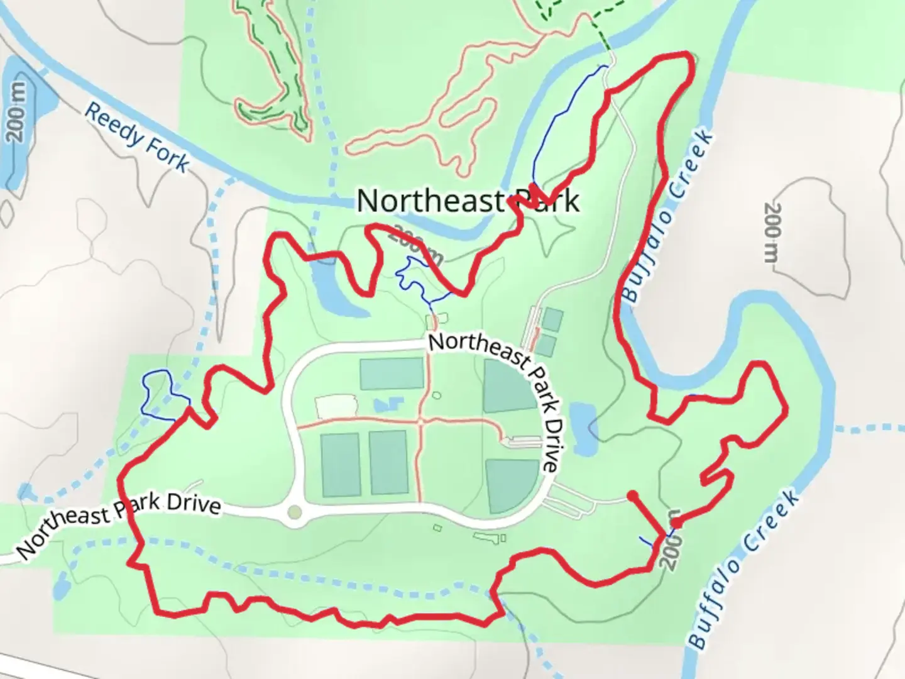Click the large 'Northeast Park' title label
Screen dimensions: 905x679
(468, 201)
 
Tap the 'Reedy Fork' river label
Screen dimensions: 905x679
(136, 137)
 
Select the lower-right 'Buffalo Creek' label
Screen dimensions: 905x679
(745, 570)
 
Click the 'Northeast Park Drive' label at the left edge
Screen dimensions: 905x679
(119, 525)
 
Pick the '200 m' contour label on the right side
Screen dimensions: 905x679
(772, 233)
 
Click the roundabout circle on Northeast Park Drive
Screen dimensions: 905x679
(293, 513)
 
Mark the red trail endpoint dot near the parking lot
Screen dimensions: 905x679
(632, 495)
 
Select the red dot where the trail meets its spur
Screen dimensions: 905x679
(676, 522)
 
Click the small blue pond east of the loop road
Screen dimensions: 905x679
(584, 430)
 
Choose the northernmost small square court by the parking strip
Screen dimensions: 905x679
(553, 319)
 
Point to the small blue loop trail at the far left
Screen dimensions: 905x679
(159, 394)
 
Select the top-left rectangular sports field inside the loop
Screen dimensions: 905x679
(392, 373)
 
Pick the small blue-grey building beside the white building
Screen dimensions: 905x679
(385, 404)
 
